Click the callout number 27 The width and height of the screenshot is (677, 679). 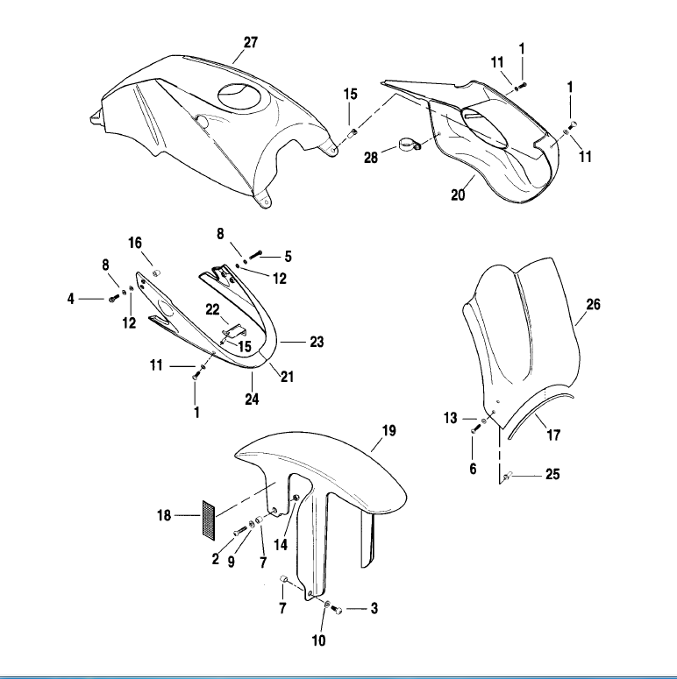tap(251, 42)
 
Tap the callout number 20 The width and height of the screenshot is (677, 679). tap(458, 195)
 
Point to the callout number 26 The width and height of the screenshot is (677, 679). tap(594, 306)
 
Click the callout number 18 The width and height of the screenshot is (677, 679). tap(164, 515)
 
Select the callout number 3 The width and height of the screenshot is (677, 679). tap(374, 607)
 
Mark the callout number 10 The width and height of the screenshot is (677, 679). tap(319, 641)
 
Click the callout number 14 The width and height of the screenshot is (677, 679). tap(281, 544)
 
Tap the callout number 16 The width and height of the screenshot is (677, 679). tap(135, 242)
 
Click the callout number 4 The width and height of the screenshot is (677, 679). tap(71, 300)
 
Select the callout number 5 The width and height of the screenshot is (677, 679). tap(288, 257)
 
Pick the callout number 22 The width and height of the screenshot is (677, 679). tap(212, 309)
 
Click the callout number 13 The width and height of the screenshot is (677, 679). tap(451, 419)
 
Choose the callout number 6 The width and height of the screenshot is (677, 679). tap(473, 469)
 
